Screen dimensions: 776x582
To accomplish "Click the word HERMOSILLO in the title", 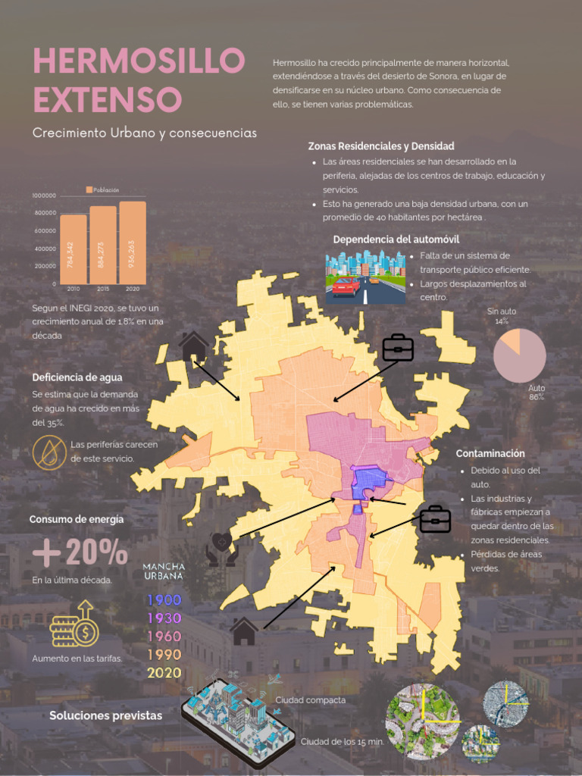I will [x=139, y=61].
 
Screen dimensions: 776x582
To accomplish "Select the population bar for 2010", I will [x=74, y=249].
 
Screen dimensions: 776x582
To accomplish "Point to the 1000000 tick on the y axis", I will [x=44, y=196].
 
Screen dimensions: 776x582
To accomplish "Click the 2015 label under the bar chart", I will [x=103, y=289].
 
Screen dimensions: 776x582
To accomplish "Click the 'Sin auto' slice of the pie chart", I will [x=509, y=339].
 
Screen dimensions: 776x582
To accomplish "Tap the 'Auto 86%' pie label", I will [x=537, y=393].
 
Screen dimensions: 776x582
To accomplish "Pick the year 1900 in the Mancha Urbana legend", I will [x=164, y=600].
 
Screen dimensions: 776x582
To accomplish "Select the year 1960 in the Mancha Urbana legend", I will [x=164, y=637].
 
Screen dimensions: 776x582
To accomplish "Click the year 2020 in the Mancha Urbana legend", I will [x=164, y=673].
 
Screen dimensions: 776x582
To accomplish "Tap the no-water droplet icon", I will [x=49, y=452].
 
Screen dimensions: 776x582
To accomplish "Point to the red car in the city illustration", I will [x=346, y=286].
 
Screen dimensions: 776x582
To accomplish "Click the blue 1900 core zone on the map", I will [x=371, y=478].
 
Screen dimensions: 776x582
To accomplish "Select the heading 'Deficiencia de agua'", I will [x=77, y=377].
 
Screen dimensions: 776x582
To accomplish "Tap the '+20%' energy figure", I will [x=80, y=552].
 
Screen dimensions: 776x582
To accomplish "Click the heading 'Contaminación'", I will [x=490, y=453].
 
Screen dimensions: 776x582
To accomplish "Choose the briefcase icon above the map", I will [x=398, y=348].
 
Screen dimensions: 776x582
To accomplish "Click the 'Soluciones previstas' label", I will [x=105, y=715].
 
